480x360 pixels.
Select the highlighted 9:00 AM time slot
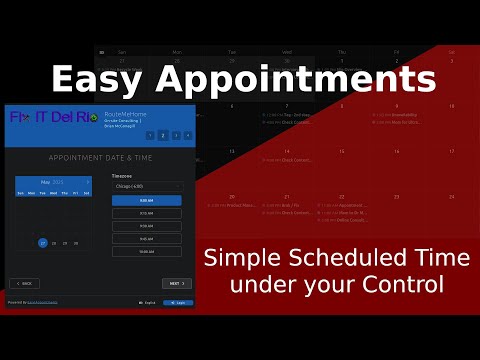coord(146,200)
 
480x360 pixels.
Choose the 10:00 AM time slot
coord(146,251)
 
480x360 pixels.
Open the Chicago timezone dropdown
coord(146,186)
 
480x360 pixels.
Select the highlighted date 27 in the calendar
coord(43,243)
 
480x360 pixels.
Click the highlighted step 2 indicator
coord(162,134)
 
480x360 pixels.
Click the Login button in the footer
coord(178,302)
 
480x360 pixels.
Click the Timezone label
coord(122,175)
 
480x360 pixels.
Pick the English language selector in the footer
coord(146,302)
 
